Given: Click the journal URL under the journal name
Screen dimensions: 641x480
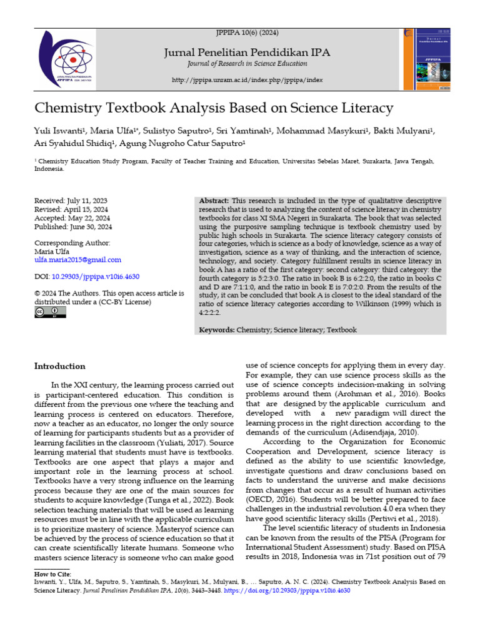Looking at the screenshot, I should pyautogui.click(x=247, y=80).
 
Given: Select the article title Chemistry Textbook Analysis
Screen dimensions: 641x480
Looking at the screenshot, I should pyautogui.click(x=214, y=108).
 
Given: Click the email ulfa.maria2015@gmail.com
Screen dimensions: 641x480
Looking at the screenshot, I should pyautogui.click(x=77, y=260).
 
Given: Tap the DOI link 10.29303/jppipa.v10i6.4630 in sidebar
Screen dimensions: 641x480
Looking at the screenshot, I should pyautogui.click(x=96, y=276).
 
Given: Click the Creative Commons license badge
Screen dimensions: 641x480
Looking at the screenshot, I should pyautogui.click(x=50, y=312).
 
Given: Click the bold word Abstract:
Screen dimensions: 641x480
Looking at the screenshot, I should pyautogui.click(x=214, y=200).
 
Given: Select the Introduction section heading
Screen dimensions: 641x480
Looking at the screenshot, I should pyautogui.click(x=59, y=366).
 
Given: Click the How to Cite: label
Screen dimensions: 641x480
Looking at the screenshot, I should pyautogui.click(x=52, y=574).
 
